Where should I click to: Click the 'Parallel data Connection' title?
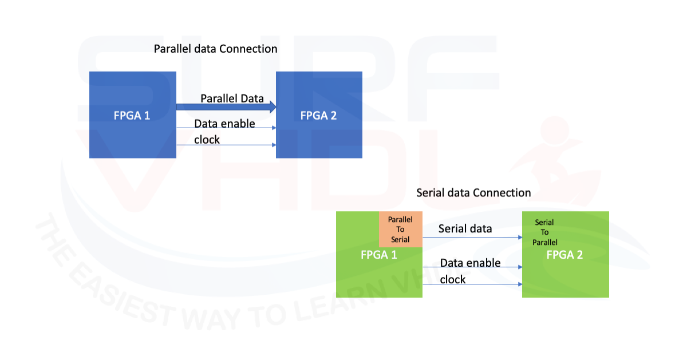click(x=215, y=49)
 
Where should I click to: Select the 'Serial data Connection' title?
click(x=473, y=193)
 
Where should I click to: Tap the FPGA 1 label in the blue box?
click(x=132, y=116)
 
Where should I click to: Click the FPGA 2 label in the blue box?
click(x=318, y=116)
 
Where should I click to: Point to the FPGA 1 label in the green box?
click(x=379, y=255)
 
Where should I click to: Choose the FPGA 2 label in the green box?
click(x=564, y=255)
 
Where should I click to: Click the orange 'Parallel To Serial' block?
click(x=401, y=230)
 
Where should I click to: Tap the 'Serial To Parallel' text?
click(x=544, y=232)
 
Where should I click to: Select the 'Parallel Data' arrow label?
click(x=232, y=99)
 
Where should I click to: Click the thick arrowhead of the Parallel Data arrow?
click(x=273, y=107)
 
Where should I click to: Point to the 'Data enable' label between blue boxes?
click(x=224, y=124)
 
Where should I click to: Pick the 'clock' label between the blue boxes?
click(x=207, y=140)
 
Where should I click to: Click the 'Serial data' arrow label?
click(x=465, y=229)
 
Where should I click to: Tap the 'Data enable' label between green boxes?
click(x=470, y=263)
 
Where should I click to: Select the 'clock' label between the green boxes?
click(x=453, y=280)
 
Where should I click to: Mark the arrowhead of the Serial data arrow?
click(x=520, y=238)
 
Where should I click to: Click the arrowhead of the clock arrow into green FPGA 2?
click(x=520, y=284)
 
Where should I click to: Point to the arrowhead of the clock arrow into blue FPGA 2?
click(x=274, y=145)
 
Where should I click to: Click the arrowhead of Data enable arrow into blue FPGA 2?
click(x=274, y=128)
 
